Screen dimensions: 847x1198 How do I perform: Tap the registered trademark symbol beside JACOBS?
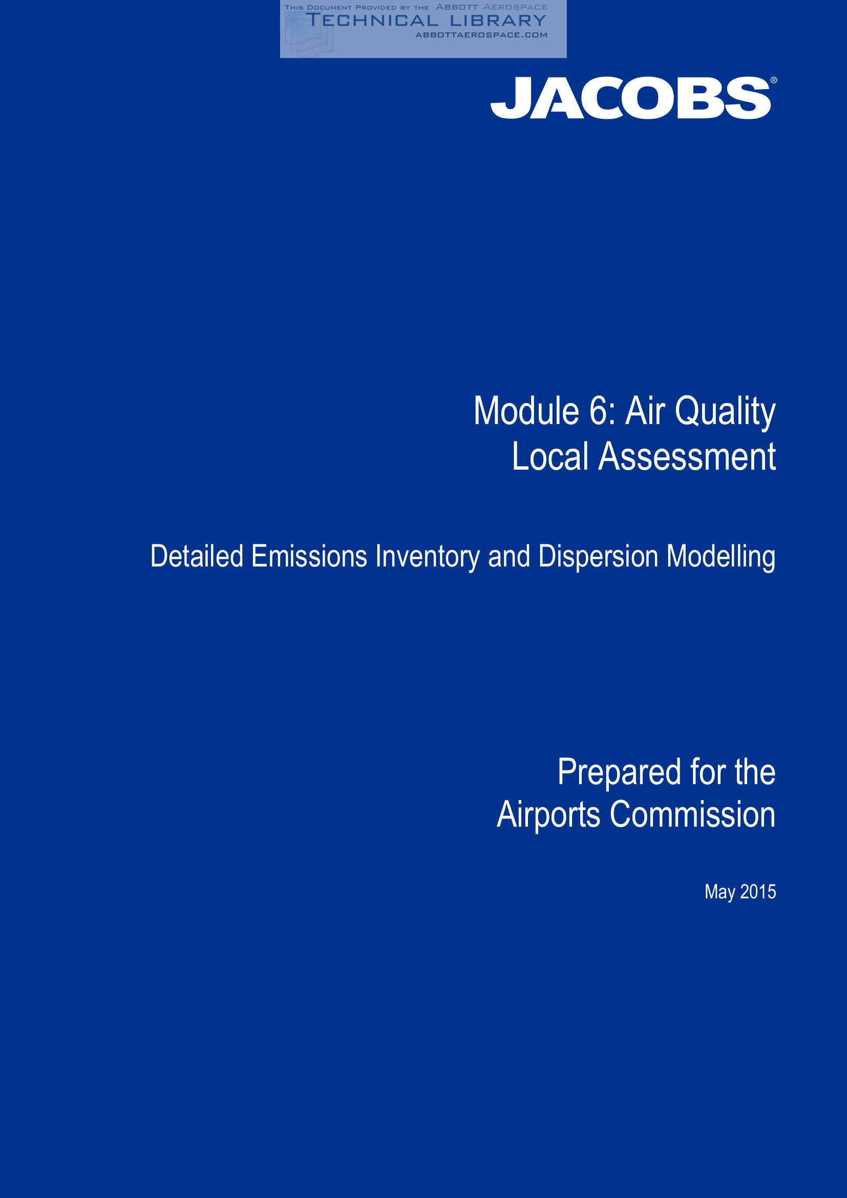[x=773, y=80]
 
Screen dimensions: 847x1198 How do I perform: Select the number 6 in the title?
[x=598, y=411]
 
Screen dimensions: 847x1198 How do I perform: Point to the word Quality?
[x=725, y=413]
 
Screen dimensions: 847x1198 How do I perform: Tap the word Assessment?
[x=687, y=456]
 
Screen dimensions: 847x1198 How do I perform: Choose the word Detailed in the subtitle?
[x=197, y=556]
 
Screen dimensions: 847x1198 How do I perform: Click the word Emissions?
[x=309, y=556]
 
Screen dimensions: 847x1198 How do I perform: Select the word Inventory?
[x=428, y=558]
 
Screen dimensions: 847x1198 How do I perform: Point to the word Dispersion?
[x=598, y=558]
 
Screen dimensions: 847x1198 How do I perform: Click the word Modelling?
[x=721, y=558]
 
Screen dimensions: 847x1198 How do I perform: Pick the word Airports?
[x=548, y=815]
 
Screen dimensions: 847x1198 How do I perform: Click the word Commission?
[x=693, y=814]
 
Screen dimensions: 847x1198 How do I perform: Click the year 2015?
[x=758, y=892]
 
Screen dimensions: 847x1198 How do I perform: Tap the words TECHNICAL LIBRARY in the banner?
[x=426, y=20]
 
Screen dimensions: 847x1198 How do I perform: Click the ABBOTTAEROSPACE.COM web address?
[x=481, y=35]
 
